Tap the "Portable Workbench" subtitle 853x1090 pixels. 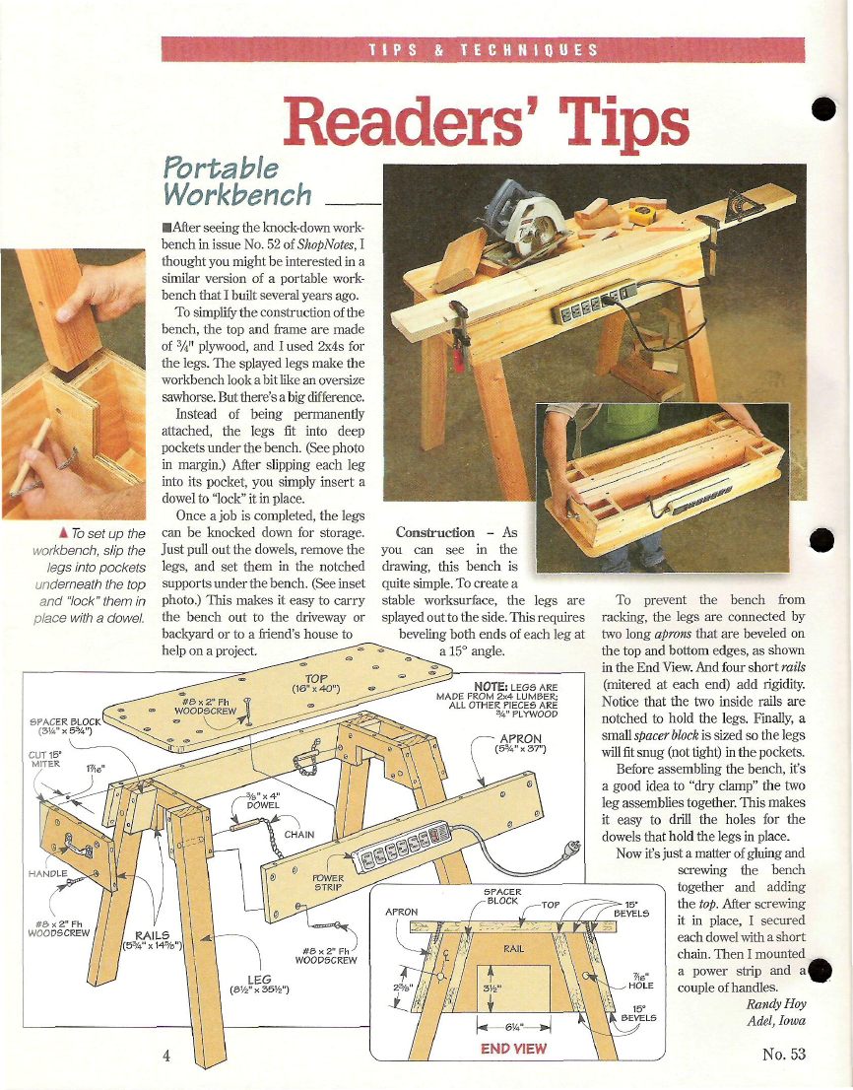click(237, 180)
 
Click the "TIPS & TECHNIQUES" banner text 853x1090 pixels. click(483, 50)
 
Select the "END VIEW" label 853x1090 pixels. click(513, 1049)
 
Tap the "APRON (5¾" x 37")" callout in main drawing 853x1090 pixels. click(520, 743)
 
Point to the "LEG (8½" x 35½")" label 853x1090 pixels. click(259, 985)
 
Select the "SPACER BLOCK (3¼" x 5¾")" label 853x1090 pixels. click(65, 726)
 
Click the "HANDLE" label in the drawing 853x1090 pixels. click(48, 874)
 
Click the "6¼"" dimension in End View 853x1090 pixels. click(512, 1027)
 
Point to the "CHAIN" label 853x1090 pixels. click(299, 834)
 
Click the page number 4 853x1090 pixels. click(166, 1055)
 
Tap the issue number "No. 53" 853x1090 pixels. click(784, 1054)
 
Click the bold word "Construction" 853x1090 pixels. click(435, 532)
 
